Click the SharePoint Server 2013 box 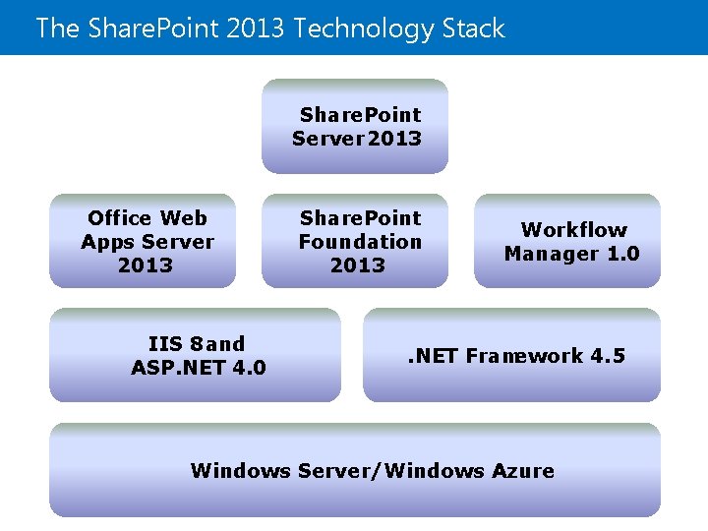355,127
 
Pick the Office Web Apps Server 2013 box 143,241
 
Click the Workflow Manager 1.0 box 567,241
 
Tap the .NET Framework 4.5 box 511,356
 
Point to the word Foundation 360,242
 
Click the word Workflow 573,230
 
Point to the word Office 119,218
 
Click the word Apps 107,242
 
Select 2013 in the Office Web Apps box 146,265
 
